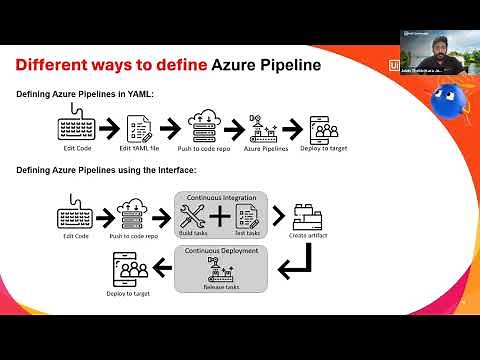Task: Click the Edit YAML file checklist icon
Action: pyautogui.click(x=137, y=128)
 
